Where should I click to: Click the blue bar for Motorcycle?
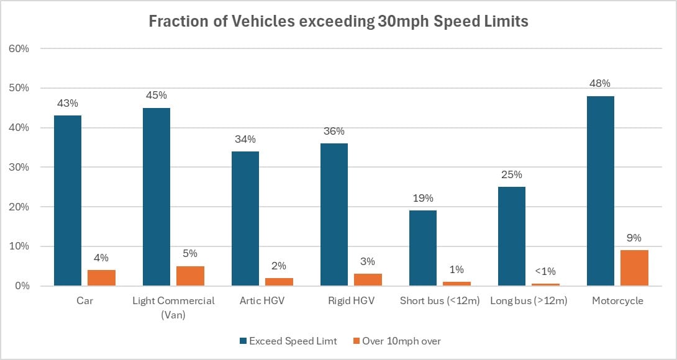pyautogui.click(x=600, y=191)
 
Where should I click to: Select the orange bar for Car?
pyautogui.click(x=101, y=278)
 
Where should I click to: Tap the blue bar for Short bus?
pyautogui.click(x=422, y=248)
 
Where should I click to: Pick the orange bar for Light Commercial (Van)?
pyautogui.click(x=190, y=276)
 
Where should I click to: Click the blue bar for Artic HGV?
pyautogui.click(x=245, y=218)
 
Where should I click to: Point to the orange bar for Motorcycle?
pyautogui.click(x=634, y=268)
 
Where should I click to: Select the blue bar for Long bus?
pyautogui.click(x=511, y=236)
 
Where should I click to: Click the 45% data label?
pyautogui.click(x=157, y=96)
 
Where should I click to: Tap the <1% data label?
pyautogui.click(x=545, y=271)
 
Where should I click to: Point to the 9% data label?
pyautogui.click(x=634, y=238)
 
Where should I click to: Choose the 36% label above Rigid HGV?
pyautogui.click(x=334, y=132)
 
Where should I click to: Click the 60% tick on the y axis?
pyautogui.click(x=19, y=48)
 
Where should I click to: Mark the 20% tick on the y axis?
pyautogui.click(x=19, y=207)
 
